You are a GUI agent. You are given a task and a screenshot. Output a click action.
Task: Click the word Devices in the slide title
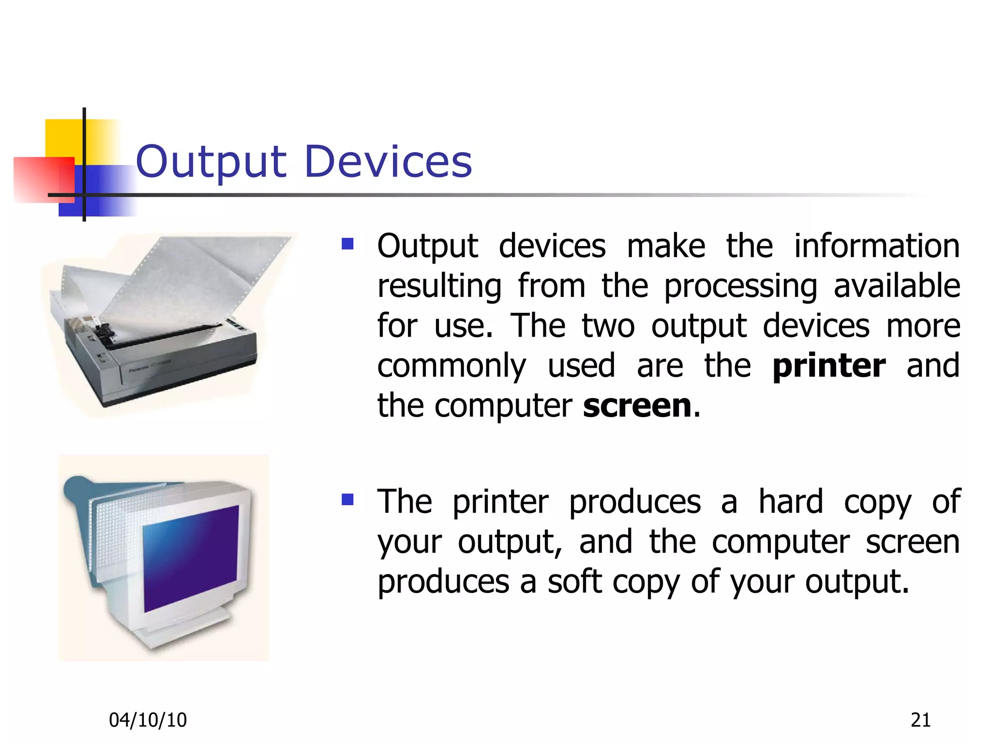(388, 162)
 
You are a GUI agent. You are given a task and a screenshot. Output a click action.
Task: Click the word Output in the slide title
(211, 162)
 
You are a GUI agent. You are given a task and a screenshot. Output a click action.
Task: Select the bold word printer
(829, 366)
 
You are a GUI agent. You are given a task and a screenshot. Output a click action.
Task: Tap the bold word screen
(637, 405)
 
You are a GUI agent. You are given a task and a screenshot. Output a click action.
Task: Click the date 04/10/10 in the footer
(148, 720)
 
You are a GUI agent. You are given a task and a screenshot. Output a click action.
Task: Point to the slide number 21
(920, 720)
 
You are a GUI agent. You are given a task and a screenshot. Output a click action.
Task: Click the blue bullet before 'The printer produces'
(347, 499)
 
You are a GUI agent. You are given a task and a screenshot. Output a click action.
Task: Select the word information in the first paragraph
(877, 246)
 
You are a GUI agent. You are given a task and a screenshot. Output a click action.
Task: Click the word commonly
(451, 367)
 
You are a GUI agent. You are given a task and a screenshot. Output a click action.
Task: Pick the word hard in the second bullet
(790, 501)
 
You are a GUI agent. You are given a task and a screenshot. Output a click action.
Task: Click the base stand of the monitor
(189, 630)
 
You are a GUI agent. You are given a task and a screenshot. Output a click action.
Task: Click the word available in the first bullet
(897, 286)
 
